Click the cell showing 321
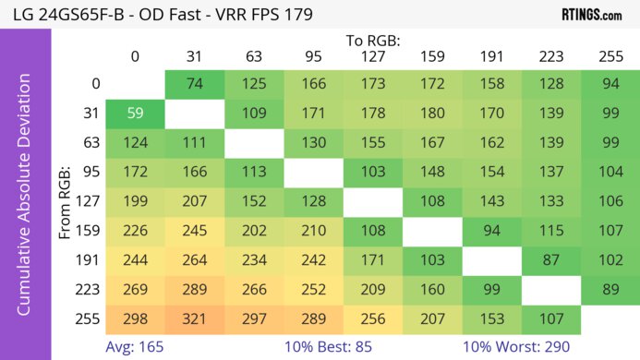(193, 319)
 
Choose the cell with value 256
(372, 319)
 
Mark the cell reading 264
(193, 260)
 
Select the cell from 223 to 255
(610, 290)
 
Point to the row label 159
(89, 231)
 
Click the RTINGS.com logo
(591, 15)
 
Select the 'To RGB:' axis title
(372, 40)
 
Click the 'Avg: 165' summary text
(134, 347)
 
